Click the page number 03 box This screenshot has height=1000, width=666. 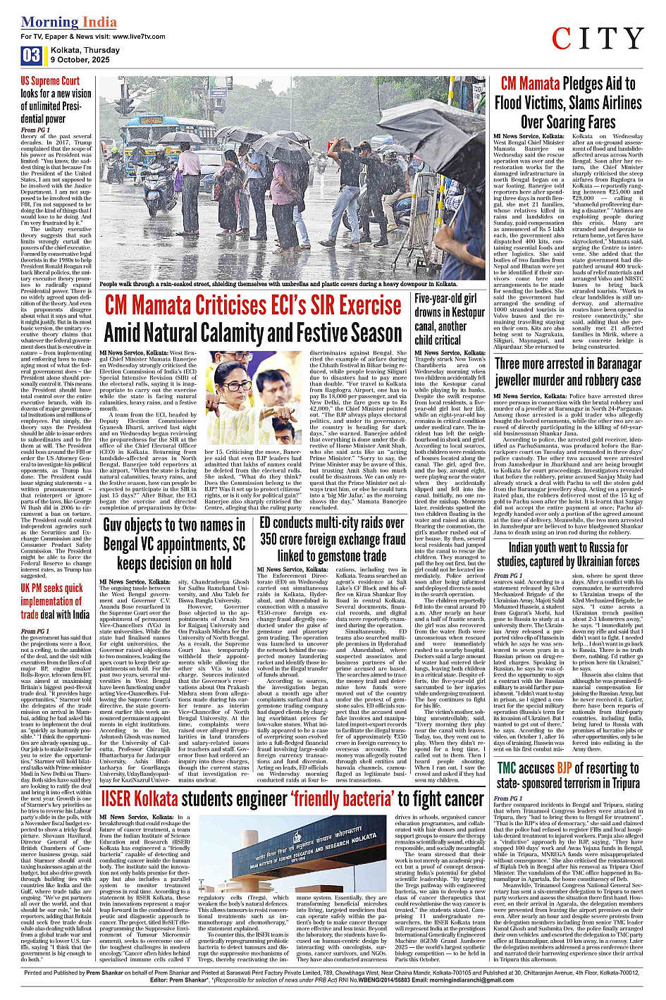pos(31,56)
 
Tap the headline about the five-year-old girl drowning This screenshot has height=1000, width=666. pos(450,319)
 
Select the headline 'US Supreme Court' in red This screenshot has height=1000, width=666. pos(50,80)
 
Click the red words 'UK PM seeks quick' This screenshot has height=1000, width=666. pos(51,588)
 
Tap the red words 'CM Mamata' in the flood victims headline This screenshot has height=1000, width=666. pos(530,84)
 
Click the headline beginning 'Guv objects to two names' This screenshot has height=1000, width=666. pos(174,543)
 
